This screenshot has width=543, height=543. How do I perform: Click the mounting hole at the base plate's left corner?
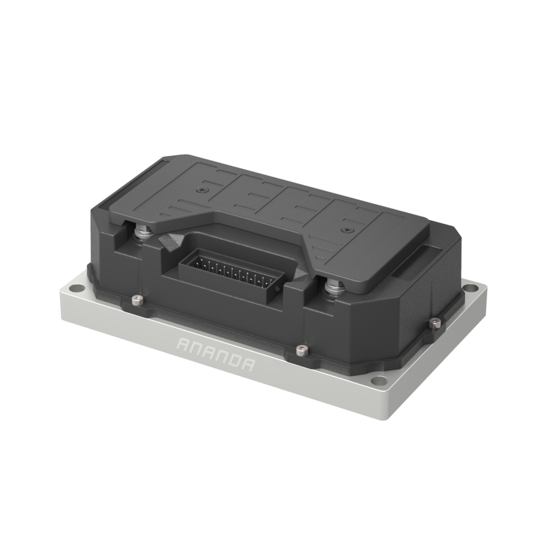[x=77, y=288]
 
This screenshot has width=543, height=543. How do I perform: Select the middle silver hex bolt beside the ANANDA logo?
[x=302, y=350]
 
